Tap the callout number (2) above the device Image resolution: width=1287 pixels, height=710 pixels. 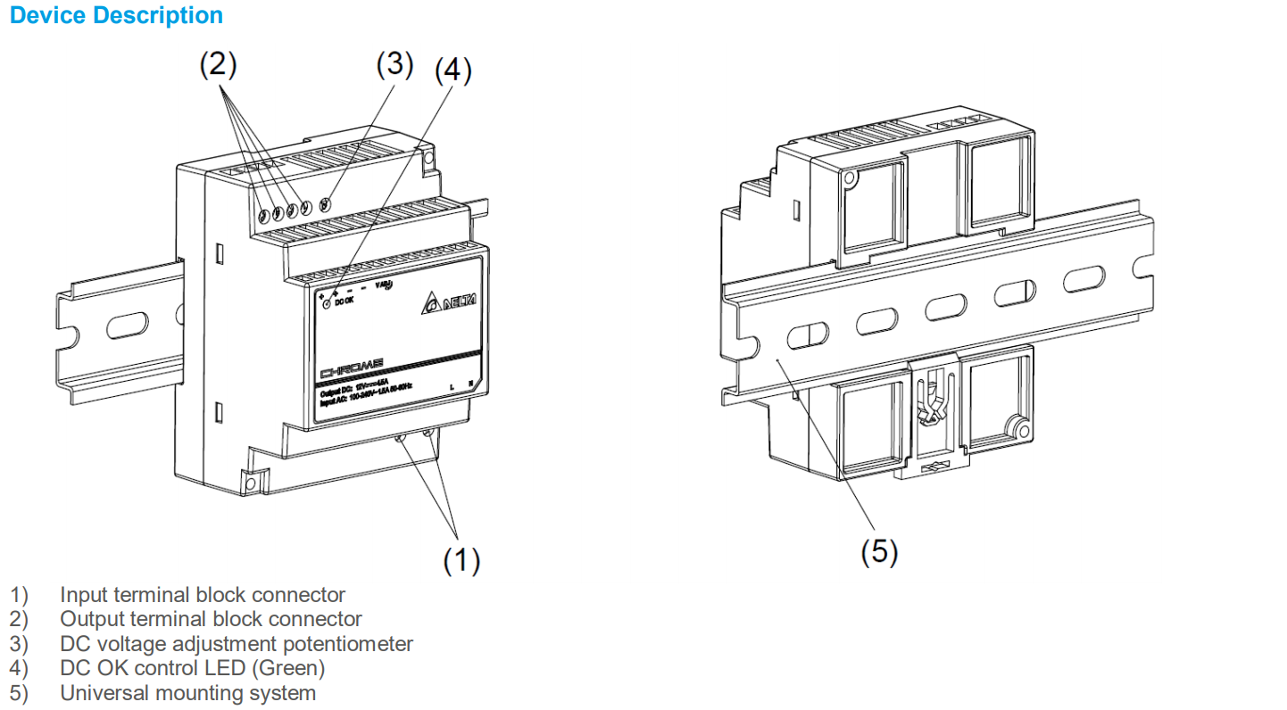tap(218, 64)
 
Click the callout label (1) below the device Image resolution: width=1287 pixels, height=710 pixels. tap(461, 560)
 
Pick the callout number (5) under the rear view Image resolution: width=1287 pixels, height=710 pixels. tap(879, 552)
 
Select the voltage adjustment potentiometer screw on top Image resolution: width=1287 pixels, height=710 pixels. tap(325, 204)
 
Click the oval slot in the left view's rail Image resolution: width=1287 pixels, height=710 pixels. tap(129, 325)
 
